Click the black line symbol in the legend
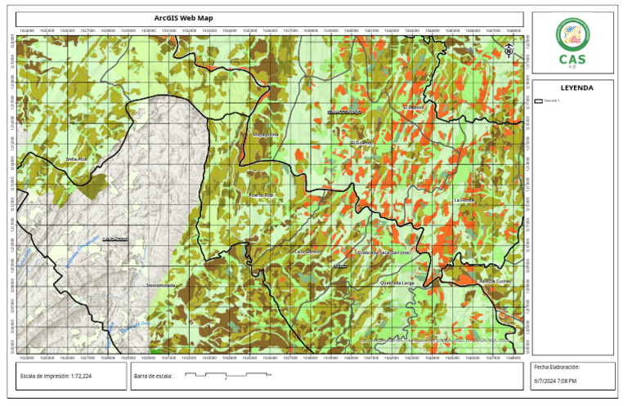point(538,100)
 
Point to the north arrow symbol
point(509,49)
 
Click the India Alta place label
point(76,158)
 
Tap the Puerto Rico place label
point(261,196)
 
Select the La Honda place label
point(464,199)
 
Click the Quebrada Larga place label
point(397,283)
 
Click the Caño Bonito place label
point(307,252)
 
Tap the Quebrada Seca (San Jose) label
point(384,252)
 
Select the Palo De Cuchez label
point(495,282)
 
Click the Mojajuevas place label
point(265,134)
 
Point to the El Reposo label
point(414,107)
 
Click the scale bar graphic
point(227,375)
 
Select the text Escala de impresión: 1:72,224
point(56,376)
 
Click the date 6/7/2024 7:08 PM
point(555,381)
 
